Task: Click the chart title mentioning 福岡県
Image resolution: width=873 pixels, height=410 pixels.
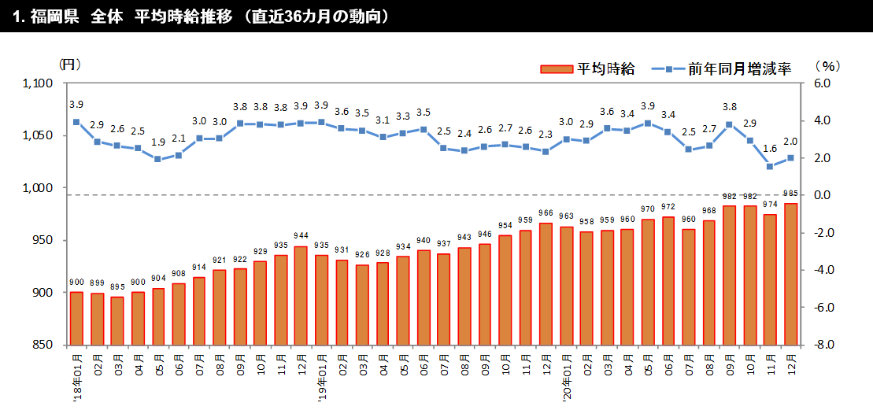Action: [x=202, y=17]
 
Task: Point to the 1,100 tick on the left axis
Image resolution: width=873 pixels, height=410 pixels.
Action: [x=38, y=83]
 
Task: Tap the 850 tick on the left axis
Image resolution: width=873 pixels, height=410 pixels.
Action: [x=43, y=345]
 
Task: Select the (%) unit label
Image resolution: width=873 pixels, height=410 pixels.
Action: [x=827, y=66]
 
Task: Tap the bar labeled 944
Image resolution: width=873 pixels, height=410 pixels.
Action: [x=301, y=295]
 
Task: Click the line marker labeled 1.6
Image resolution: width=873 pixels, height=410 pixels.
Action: [x=770, y=166]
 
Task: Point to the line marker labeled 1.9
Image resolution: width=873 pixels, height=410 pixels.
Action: [x=158, y=159]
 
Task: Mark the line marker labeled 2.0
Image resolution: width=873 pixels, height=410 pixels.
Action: [x=790, y=158]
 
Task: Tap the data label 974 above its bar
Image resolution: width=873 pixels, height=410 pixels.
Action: [x=770, y=207]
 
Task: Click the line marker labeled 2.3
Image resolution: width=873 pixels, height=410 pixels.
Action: [x=546, y=152]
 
